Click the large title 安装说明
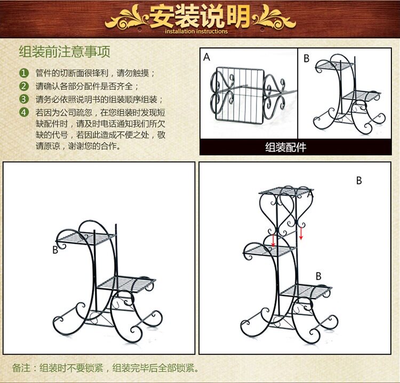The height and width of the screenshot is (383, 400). pos(199,16)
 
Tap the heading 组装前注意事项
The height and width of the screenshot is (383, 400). pos(65,52)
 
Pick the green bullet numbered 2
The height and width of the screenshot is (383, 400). pos(23,86)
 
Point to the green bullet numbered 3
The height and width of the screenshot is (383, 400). pos(23,99)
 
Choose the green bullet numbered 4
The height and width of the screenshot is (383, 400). pos(23,112)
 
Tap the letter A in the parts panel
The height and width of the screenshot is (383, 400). pos(206,57)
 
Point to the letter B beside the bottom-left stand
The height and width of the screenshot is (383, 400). pos(55,249)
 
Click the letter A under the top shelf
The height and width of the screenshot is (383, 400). pos(310,196)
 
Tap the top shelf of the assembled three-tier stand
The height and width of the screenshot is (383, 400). pos(285,190)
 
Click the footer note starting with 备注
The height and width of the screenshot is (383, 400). pos(106,368)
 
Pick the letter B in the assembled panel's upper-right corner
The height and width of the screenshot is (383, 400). pos(359,181)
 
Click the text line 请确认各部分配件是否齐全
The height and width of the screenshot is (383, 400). pos(87,86)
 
